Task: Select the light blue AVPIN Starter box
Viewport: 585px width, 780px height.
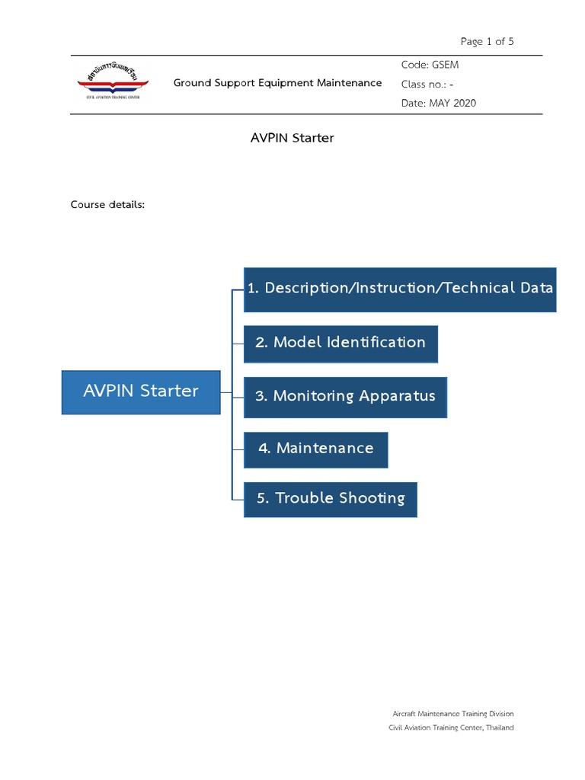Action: coord(141,392)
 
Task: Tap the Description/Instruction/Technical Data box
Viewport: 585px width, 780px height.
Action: coord(400,289)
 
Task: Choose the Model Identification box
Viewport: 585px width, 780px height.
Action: coord(340,343)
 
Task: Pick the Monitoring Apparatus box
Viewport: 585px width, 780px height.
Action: coord(345,397)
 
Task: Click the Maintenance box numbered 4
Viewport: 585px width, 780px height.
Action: coord(315,449)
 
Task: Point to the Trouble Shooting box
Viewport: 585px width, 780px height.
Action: coord(331,499)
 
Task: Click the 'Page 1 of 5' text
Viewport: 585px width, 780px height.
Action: coord(487,41)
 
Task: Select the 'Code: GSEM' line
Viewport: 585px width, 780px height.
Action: coord(430,65)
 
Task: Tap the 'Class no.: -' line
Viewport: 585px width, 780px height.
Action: coord(427,84)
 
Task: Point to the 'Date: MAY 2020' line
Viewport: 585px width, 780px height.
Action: coord(438,103)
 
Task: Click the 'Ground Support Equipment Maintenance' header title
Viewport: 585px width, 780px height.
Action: coord(277,83)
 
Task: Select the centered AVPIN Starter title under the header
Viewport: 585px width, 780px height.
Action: coord(292,138)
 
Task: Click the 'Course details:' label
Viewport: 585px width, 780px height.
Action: coord(107,204)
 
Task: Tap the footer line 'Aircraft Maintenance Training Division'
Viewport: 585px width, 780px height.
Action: coord(452,714)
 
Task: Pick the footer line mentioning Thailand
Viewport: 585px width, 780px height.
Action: coord(451,727)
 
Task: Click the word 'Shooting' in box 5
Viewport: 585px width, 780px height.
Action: coord(372,499)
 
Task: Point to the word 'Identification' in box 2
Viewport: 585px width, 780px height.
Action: coord(376,343)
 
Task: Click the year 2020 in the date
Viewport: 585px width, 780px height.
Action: coord(464,103)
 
